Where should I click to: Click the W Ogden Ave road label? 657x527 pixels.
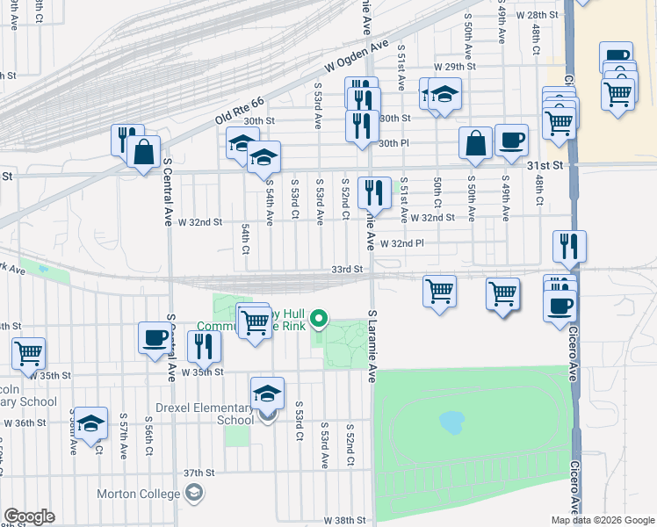[356, 55]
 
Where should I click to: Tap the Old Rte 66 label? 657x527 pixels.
[240, 109]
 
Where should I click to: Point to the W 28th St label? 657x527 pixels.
[538, 15]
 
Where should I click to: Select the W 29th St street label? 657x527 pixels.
[453, 67]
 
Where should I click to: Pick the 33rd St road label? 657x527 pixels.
[347, 270]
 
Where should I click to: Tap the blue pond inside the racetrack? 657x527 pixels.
[451, 423]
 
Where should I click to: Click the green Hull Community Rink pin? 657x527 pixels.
[321, 319]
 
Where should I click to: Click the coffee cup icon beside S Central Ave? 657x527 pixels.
[155, 337]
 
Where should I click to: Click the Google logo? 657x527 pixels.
[29, 516]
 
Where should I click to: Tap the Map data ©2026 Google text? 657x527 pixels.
[603, 520]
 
